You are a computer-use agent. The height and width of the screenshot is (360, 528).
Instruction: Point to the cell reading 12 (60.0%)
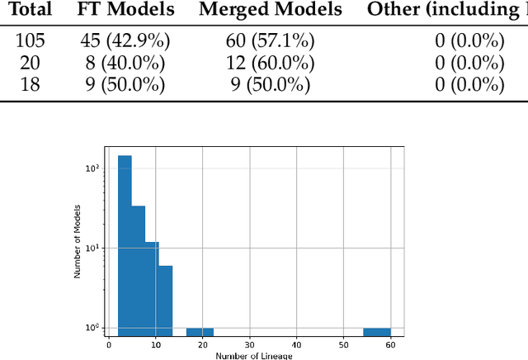click(271, 63)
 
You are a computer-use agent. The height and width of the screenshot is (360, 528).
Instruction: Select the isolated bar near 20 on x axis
click(200, 331)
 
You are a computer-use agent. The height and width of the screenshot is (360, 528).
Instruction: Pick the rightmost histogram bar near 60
click(376, 331)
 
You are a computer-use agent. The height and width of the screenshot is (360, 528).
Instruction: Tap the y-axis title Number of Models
click(78, 239)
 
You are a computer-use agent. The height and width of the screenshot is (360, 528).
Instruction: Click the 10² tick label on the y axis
click(93, 168)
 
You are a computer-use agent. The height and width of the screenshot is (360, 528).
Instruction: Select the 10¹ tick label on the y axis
click(93, 248)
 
